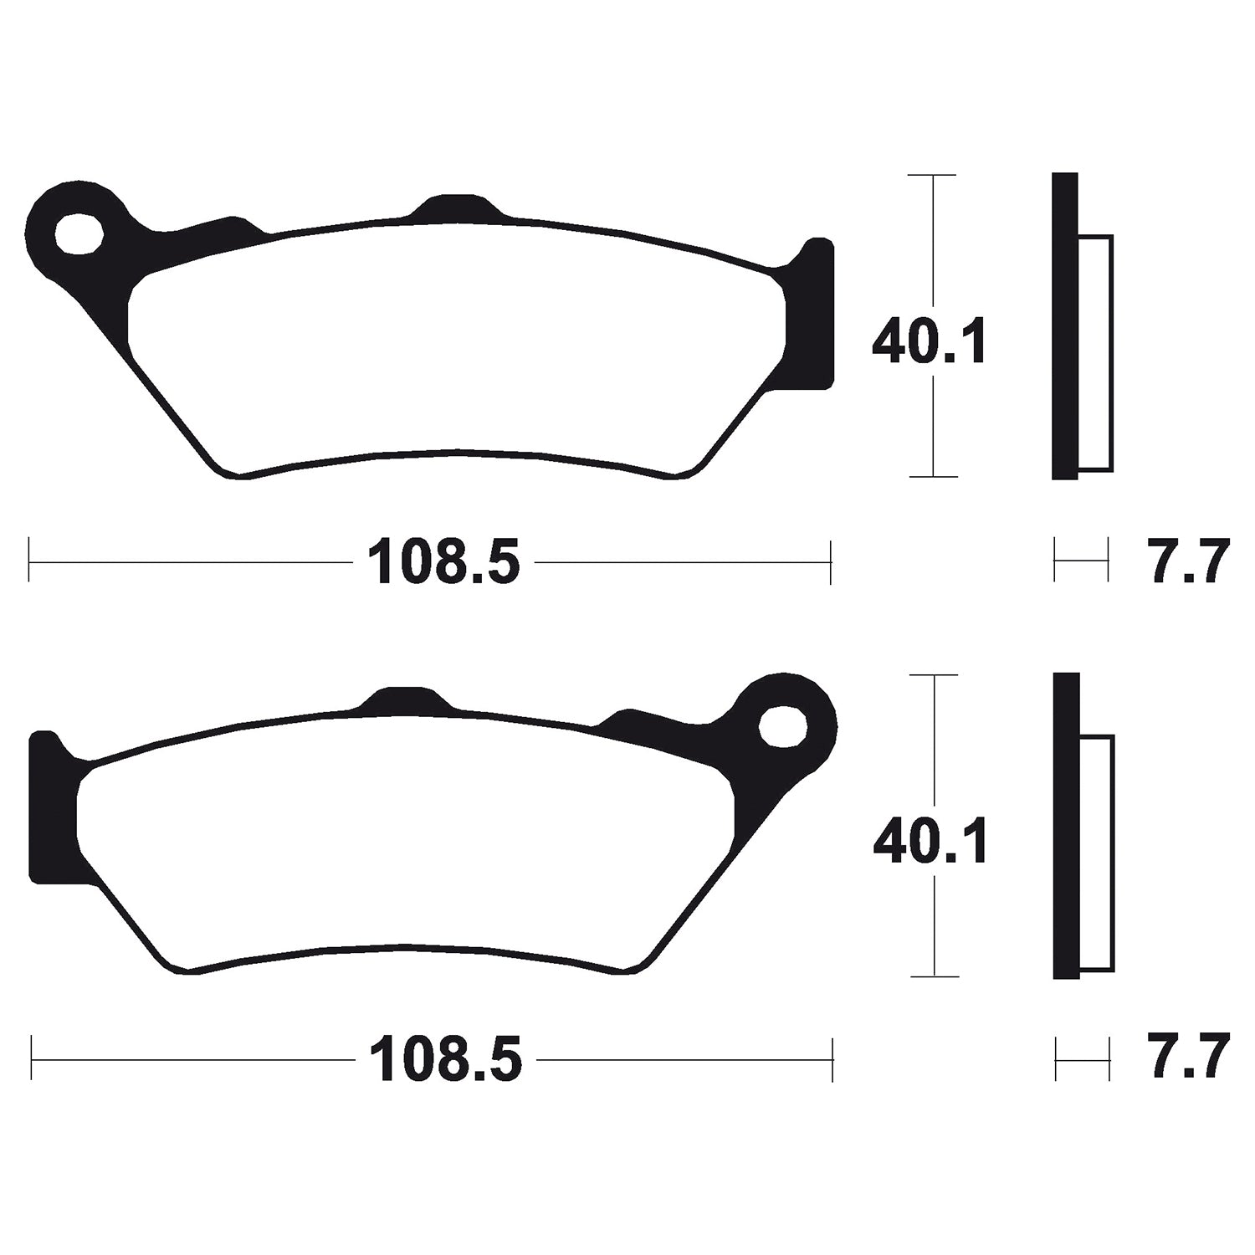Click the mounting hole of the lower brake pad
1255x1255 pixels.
tap(782, 724)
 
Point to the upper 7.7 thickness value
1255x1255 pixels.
tap(1188, 562)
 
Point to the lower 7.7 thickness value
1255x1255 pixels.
tap(1188, 1058)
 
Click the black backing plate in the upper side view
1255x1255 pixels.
tap(1064, 326)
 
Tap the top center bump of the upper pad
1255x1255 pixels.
tap(457, 207)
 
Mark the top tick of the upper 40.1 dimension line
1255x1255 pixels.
tap(932, 176)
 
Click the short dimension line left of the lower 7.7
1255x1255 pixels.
tap(1083, 1059)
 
